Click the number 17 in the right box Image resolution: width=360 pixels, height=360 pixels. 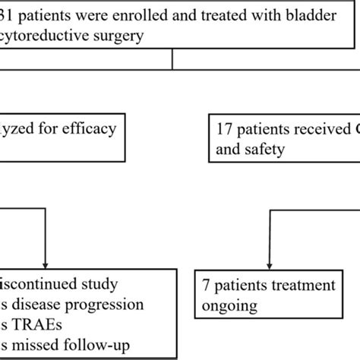225,128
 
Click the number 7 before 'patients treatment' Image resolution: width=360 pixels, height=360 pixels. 206,286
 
